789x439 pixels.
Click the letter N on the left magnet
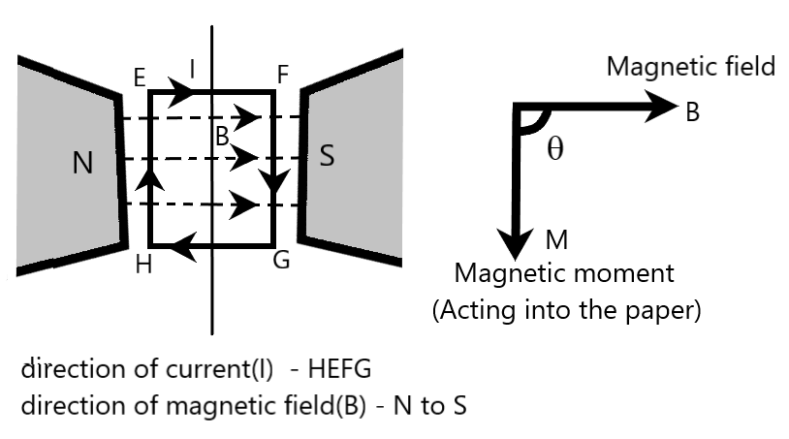click(x=83, y=163)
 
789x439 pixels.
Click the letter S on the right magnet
click(x=327, y=156)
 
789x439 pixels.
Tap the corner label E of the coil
click(x=141, y=75)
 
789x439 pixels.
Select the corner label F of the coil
click(x=282, y=75)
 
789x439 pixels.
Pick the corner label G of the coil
click(x=281, y=262)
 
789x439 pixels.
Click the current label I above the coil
click(x=192, y=69)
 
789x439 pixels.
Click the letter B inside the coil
click(x=222, y=137)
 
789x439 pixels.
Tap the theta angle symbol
click(x=554, y=152)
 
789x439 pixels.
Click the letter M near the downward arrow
click(x=555, y=239)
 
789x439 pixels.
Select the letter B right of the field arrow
click(x=692, y=112)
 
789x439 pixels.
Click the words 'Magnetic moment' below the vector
click(x=564, y=273)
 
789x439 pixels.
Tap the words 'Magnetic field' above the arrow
click(x=691, y=66)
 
